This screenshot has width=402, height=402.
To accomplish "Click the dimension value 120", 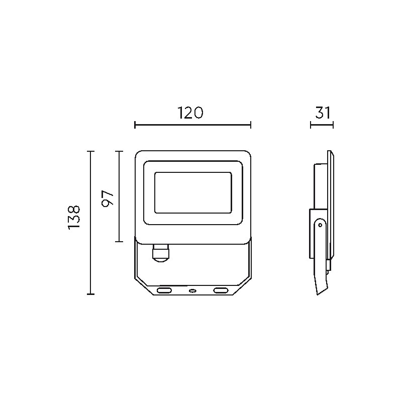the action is (190, 113).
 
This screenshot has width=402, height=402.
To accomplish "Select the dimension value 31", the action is (323, 113).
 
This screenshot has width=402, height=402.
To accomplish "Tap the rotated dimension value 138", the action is (74, 218).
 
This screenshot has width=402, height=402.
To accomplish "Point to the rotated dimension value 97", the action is (108, 199).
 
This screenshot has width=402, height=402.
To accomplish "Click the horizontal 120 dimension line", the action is (193, 125).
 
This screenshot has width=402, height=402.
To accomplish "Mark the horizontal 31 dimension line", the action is (322, 125).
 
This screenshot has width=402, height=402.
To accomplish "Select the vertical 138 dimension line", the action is (90, 223).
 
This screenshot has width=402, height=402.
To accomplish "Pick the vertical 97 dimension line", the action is (119, 196).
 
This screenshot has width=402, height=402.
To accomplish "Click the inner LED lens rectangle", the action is (193, 192).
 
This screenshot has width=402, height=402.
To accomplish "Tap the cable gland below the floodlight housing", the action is (161, 253).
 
